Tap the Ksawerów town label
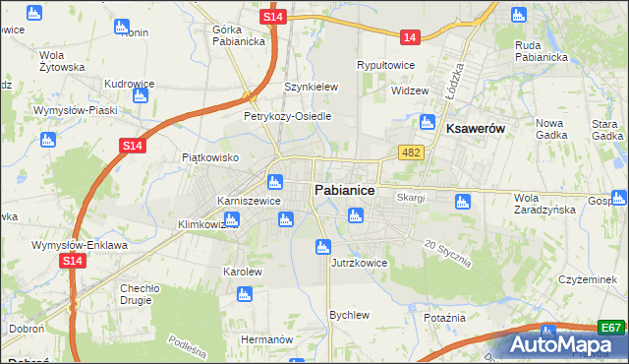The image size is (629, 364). pos(475,129)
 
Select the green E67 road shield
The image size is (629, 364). pos(611,328)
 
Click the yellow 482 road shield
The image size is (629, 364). pos(411,152)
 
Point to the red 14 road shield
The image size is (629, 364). pos(410,37)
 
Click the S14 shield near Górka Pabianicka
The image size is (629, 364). pos(275,18)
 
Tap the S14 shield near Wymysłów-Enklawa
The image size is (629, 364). pos(71,261)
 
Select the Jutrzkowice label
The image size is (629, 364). pos(359,263)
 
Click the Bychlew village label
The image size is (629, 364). pos(349,315)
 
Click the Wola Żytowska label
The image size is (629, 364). pos(62,61)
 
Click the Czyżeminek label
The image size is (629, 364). pos(586,279)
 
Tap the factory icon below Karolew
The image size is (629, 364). pos(245,293)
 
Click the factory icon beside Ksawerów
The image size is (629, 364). pos(427,123)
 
